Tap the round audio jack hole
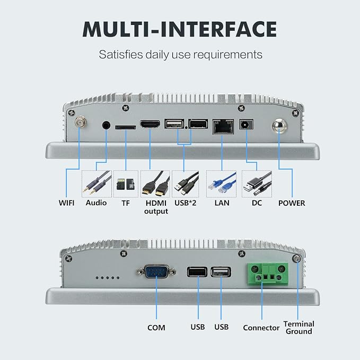click(x=106, y=125)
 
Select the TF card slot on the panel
click(x=125, y=127)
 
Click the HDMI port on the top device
click(x=150, y=124)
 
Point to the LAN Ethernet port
click(x=223, y=127)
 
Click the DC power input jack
click(x=247, y=125)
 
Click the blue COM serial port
click(x=157, y=272)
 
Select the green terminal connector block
click(x=268, y=274)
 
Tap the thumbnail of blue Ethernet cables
click(x=221, y=184)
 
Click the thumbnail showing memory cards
click(x=126, y=184)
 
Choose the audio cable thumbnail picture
click(x=96, y=184)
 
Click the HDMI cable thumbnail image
click(x=155, y=184)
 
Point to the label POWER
click(x=292, y=203)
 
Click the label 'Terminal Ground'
click(x=298, y=328)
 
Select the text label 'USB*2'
click(x=185, y=203)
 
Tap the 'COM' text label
click(x=156, y=328)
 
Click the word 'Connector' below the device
click(x=261, y=328)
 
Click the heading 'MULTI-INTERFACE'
click(x=180, y=29)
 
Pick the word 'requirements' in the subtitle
click(x=227, y=55)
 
